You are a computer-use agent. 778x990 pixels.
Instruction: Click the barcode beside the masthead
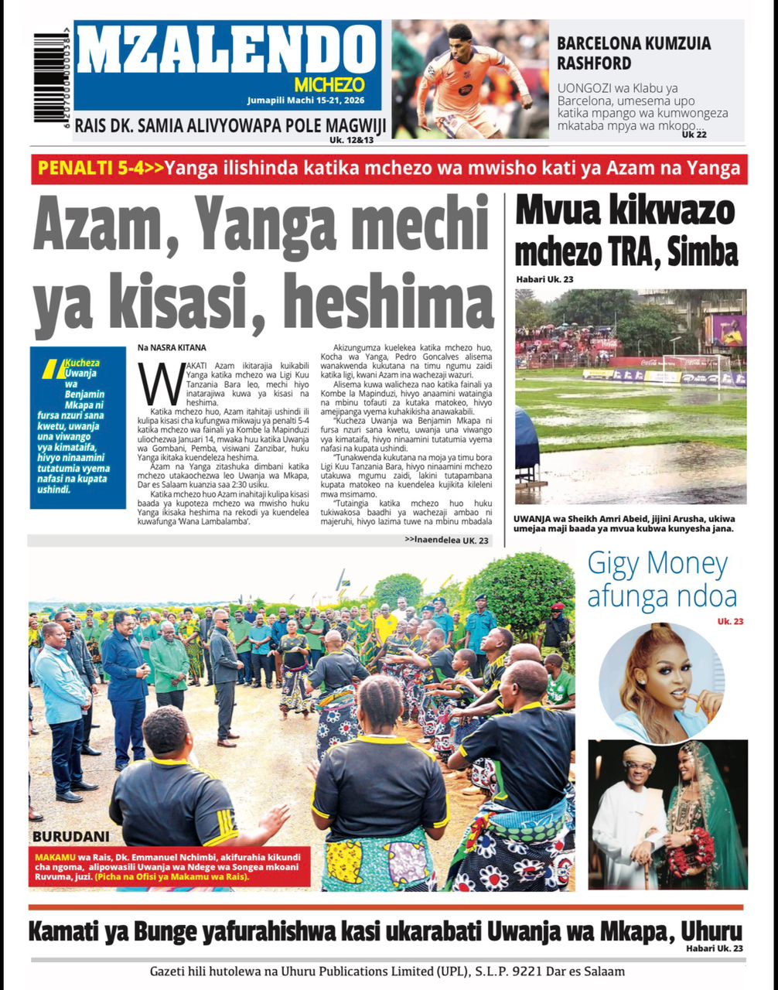[47, 78]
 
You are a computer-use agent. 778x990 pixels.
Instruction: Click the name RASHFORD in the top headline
[594, 63]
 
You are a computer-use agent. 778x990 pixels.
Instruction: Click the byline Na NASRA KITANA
[172, 348]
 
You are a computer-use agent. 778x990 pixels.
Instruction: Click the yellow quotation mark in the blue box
[50, 369]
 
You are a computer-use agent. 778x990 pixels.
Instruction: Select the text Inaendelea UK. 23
[446, 540]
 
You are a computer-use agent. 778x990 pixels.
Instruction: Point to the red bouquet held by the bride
[691, 850]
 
